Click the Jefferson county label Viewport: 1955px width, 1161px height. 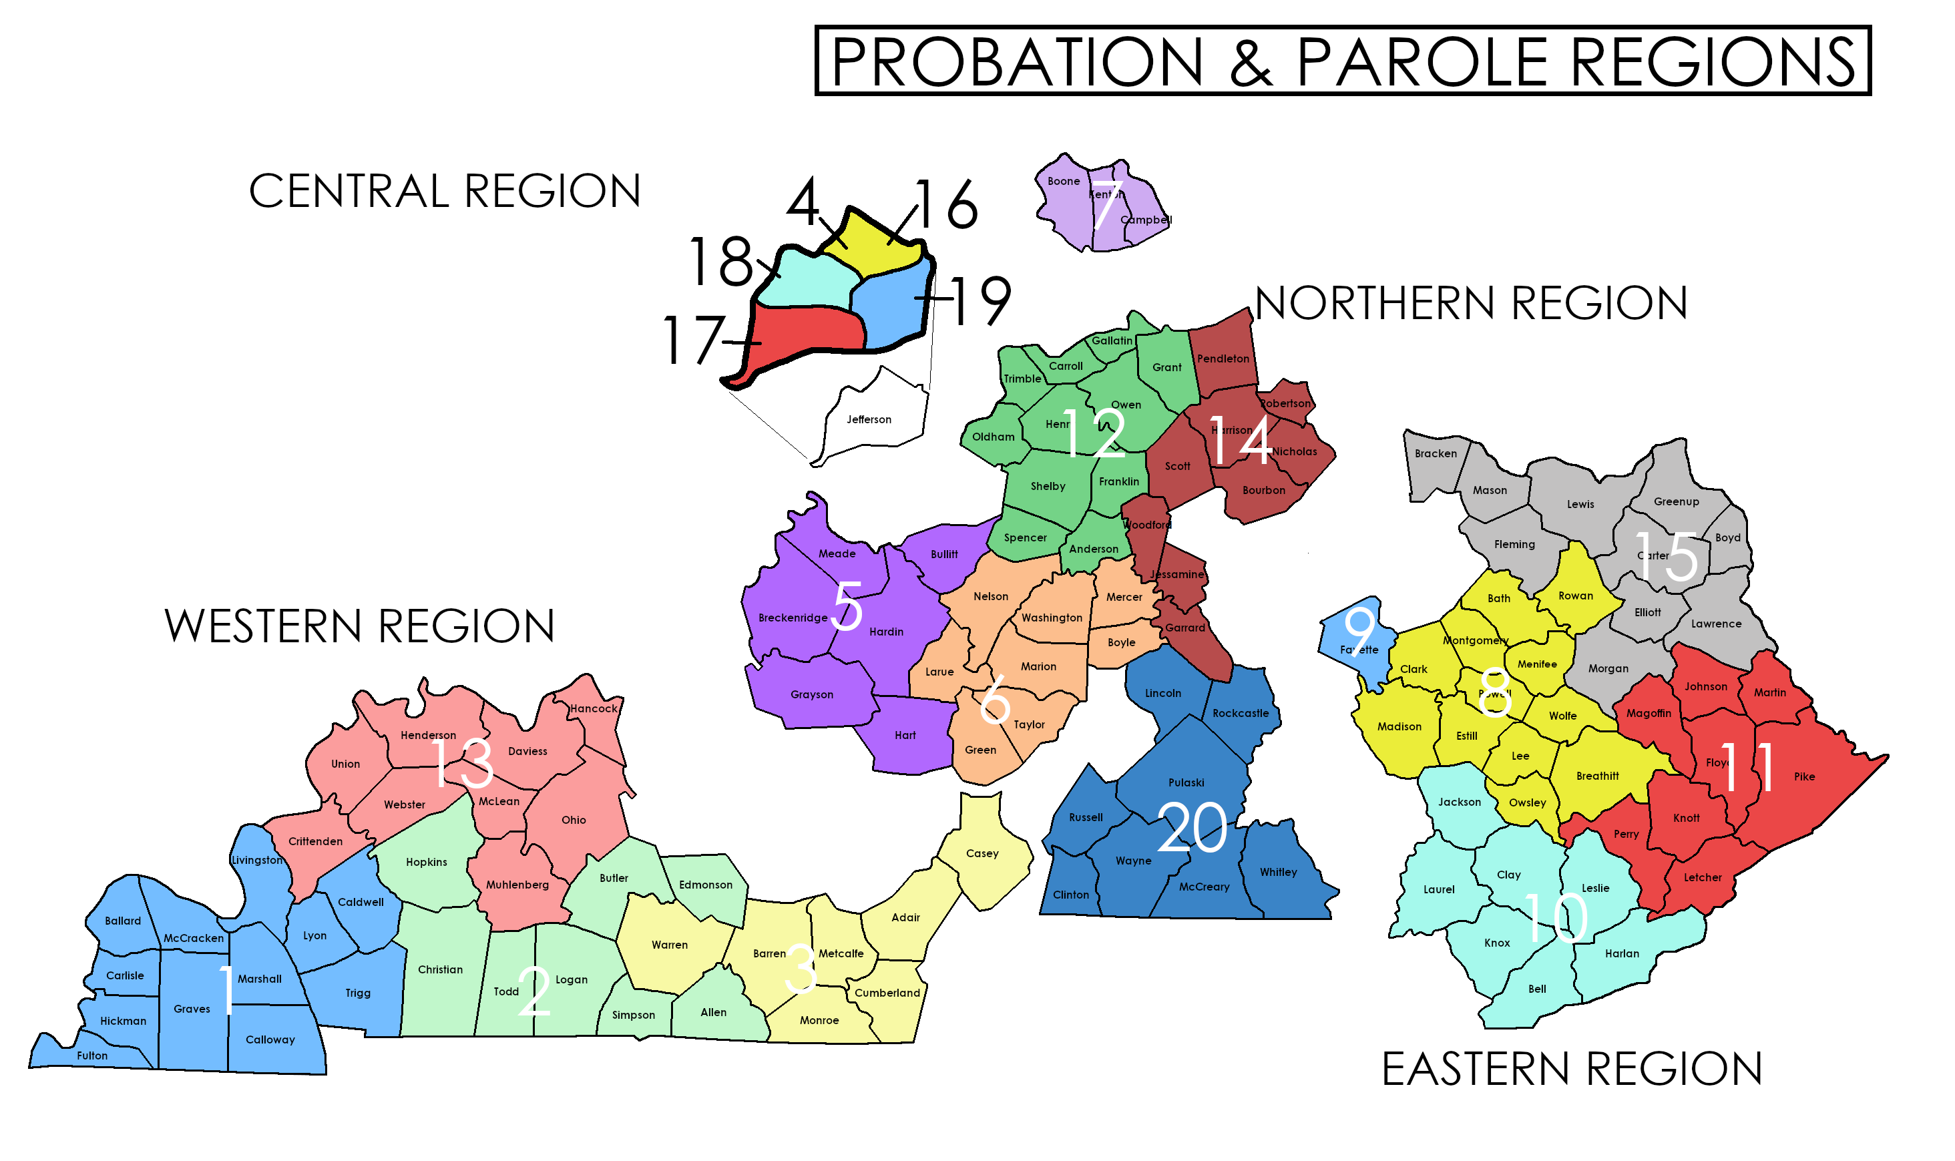tap(869, 419)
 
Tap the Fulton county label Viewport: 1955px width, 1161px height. tap(92, 1056)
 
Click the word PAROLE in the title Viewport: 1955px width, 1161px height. tap(1422, 62)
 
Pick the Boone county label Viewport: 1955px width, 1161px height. tap(1063, 182)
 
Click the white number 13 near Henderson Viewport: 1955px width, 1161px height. tap(463, 763)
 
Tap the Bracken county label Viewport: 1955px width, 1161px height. tap(1436, 454)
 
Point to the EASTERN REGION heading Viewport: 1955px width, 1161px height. tap(1572, 1069)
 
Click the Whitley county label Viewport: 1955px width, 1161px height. tap(1279, 873)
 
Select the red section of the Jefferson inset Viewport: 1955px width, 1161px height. tap(806, 332)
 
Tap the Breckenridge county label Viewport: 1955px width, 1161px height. tap(793, 618)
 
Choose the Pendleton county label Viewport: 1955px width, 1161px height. tap(1223, 359)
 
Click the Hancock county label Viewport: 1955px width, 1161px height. tap(593, 709)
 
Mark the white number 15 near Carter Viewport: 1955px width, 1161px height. tap(1667, 557)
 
